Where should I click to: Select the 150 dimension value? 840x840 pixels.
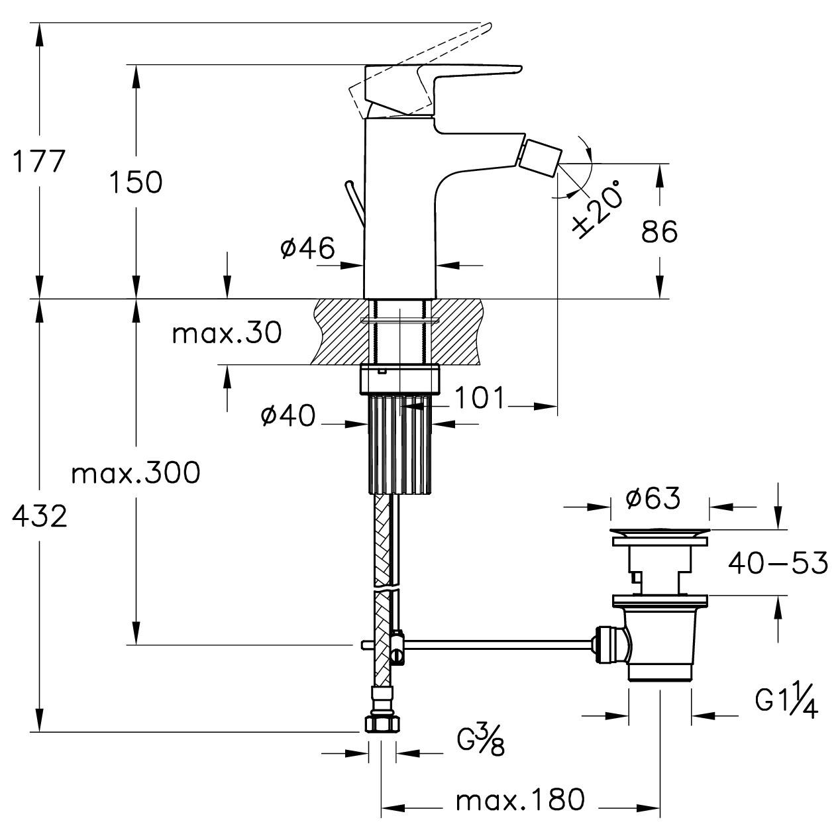click(x=135, y=182)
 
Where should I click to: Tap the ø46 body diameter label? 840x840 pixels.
click(x=307, y=248)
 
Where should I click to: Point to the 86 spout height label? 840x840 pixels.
click(x=660, y=232)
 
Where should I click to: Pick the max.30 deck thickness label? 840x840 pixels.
click(x=227, y=333)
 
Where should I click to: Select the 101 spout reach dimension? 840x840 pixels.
click(x=479, y=398)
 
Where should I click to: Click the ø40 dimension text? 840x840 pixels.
click(x=288, y=415)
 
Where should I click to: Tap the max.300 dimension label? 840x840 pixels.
click(x=136, y=473)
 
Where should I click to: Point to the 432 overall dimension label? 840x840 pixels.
click(x=40, y=516)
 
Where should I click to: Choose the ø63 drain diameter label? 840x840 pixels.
click(x=652, y=498)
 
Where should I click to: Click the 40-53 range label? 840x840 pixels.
click(x=778, y=564)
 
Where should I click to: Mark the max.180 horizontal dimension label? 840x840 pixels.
click(x=520, y=800)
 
